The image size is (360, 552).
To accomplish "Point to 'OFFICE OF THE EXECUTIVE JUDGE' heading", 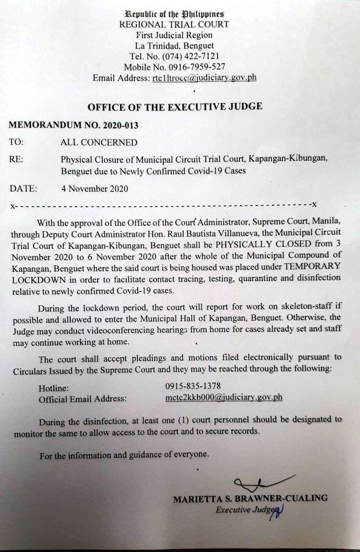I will click(x=175, y=106).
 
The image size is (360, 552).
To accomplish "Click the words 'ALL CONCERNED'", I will click(x=99, y=142).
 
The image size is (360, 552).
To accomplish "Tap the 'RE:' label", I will click(x=16, y=159).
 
